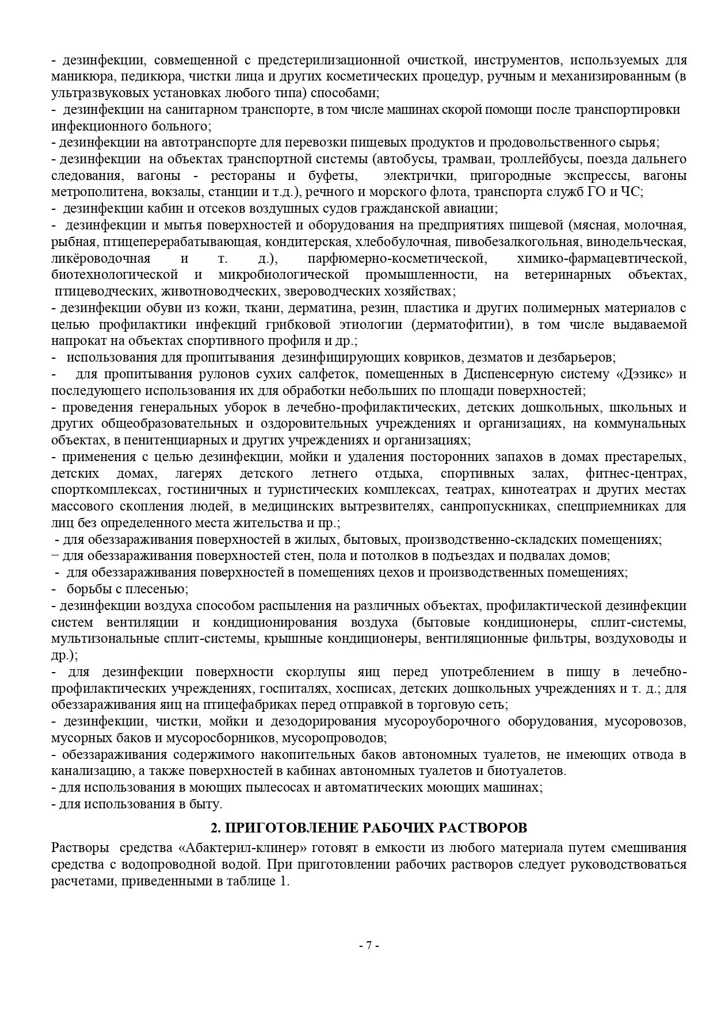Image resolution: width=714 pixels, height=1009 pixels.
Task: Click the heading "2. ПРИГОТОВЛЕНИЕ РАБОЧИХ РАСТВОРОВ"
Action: [368, 828]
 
